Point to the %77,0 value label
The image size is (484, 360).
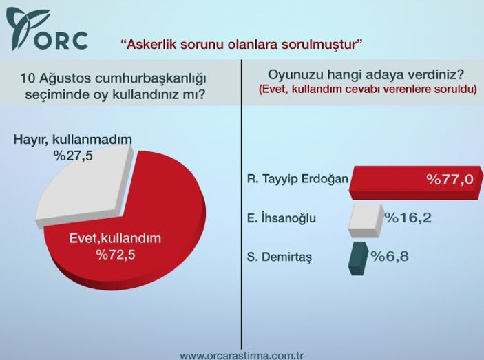point(450,180)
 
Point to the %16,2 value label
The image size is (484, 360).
point(408,218)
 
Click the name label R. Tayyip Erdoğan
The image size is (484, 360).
point(297,180)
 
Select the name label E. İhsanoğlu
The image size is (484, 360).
point(281,219)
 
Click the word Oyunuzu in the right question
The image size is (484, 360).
point(291,74)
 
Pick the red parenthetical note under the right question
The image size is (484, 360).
point(368,89)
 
